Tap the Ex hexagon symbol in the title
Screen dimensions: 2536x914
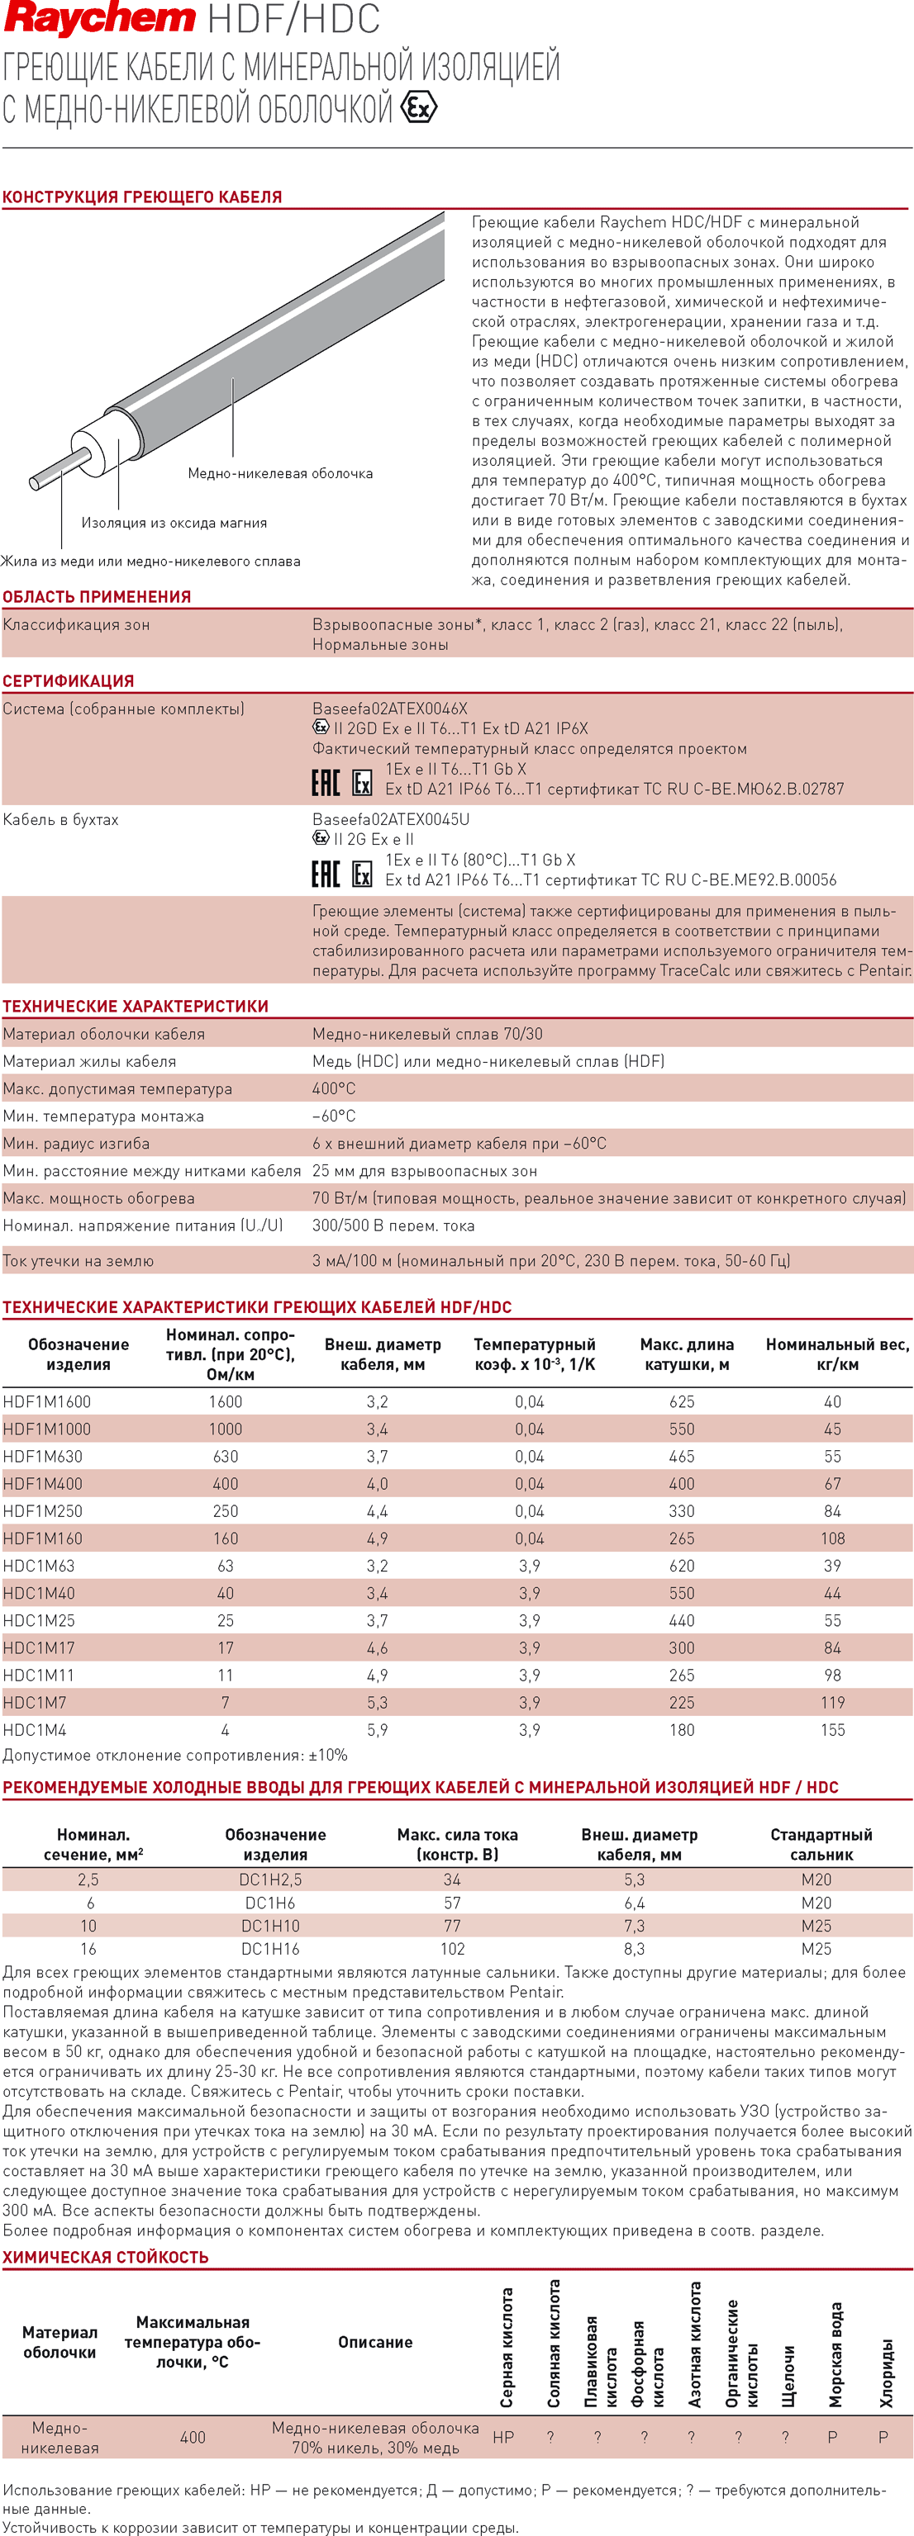419,107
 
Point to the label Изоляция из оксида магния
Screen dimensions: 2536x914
174,523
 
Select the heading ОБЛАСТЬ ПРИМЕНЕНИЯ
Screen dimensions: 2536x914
97,596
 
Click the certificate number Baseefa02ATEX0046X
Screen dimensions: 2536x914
390,709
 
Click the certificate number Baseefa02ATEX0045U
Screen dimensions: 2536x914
391,819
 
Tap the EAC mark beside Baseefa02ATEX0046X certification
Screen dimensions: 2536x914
326,783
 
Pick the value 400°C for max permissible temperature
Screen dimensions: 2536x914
334,1089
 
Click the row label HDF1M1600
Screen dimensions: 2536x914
46,1402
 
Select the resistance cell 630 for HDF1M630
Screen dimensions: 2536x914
226,1456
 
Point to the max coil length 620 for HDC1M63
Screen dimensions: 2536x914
682,1566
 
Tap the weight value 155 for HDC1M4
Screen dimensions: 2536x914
832,1730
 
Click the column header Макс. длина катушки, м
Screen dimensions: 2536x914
687,1353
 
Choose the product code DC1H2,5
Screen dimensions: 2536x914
270,1879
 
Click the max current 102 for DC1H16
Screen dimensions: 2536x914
452,1948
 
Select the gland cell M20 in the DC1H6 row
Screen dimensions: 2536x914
816,1903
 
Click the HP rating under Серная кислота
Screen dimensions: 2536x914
503,2437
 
